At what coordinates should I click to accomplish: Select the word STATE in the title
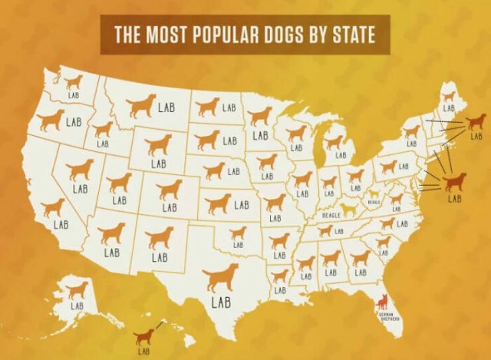pyautogui.click(x=360, y=35)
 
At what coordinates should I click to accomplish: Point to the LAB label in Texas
pyautogui.click(x=220, y=302)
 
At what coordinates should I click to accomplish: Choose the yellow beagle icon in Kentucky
pyautogui.click(x=350, y=207)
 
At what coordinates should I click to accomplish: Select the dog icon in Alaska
pyautogui.click(x=77, y=289)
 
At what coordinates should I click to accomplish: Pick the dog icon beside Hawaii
pyautogui.click(x=143, y=336)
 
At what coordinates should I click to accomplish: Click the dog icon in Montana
pyautogui.click(x=141, y=106)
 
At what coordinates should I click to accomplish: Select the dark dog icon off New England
pyautogui.click(x=476, y=121)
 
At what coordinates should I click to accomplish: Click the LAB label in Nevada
pyautogui.click(x=80, y=187)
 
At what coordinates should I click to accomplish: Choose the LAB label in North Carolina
pyautogui.click(x=402, y=224)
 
